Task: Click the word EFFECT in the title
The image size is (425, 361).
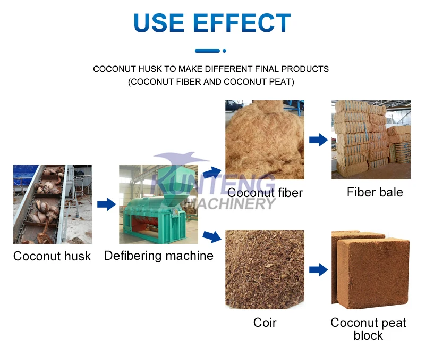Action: (242, 22)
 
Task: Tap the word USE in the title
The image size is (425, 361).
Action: (159, 22)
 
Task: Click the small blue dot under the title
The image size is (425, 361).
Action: (224, 51)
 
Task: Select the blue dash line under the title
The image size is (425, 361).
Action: (207, 51)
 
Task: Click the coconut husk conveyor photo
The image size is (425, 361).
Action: (53, 204)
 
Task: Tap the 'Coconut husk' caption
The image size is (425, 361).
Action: (52, 256)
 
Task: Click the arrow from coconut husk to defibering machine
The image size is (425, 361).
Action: (107, 204)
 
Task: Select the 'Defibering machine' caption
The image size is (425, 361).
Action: (159, 256)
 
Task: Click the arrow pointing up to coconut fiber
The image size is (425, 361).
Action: (212, 172)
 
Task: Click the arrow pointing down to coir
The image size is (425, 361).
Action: (212, 236)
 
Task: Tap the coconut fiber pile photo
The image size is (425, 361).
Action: (265, 140)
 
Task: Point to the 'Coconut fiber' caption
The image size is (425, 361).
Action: (265, 193)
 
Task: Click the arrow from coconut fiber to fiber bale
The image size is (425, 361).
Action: (318, 140)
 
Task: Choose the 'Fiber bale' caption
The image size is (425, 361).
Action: (375, 192)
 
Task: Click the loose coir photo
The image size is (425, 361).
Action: (265, 269)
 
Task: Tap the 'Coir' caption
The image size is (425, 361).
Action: (265, 323)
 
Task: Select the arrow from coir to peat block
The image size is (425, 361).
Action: (318, 270)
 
